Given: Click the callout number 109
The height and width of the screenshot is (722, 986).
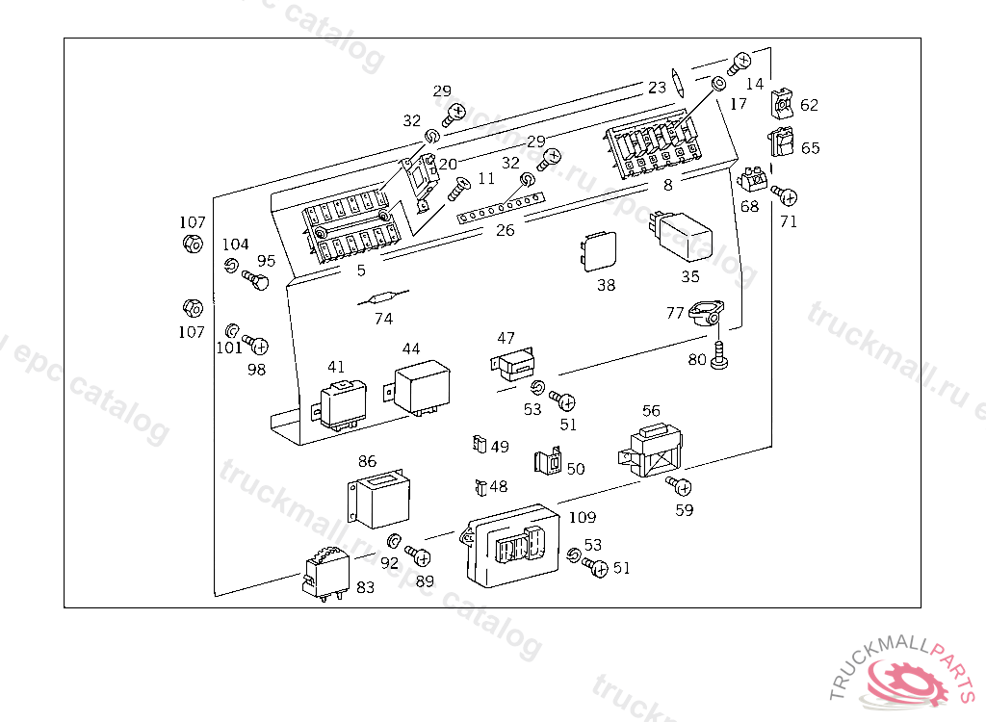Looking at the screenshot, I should coord(583,518).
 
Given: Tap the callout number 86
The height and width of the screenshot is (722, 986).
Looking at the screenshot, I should coord(368,461).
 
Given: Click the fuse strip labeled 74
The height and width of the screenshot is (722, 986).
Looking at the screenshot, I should coord(382,298).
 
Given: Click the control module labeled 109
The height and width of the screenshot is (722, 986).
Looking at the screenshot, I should coord(510,545).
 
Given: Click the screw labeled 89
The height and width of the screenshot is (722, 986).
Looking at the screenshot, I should coord(419,556).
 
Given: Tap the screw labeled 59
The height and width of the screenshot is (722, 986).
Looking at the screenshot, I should coord(680,484).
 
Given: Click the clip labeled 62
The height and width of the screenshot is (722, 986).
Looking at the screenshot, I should coord(783,101).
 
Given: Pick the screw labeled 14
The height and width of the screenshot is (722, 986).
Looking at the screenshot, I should coord(740,63).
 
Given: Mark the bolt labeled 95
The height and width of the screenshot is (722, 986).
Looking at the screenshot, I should coord(256,280).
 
